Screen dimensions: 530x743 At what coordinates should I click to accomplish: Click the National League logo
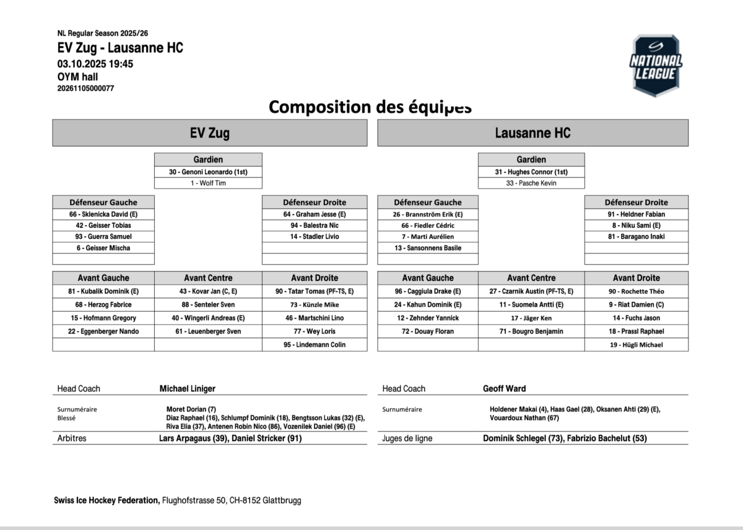click(x=656, y=66)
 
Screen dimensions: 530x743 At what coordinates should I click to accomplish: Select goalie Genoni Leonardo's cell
click(x=208, y=172)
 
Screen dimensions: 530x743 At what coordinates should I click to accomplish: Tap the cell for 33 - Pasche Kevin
click(x=531, y=183)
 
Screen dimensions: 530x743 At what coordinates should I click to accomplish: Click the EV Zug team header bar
click(x=209, y=133)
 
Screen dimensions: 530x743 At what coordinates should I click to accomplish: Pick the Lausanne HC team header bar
click(x=532, y=133)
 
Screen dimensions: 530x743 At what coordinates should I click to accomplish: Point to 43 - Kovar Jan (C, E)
click(x=208, y=291)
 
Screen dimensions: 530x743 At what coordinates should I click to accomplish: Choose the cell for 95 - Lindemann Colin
click(x=315, y=344)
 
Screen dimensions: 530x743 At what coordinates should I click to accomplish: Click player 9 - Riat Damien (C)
click(x=636, y=304)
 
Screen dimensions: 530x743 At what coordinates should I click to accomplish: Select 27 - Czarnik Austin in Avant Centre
click(x=531, y=291)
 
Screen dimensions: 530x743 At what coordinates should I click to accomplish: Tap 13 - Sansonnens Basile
click(x=427, y=248)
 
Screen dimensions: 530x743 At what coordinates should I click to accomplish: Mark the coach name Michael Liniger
click(x=188, y=388)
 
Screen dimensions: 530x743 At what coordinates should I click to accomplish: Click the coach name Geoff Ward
click(x=505, y=388)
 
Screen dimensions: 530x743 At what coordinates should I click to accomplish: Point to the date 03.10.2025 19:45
click(x=95, y=64)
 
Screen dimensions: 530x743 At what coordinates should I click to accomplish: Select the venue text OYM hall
click(x=77, y=77)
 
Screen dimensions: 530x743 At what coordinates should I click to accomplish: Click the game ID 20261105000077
click(x=85, y=88)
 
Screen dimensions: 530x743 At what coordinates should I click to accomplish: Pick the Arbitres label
click(x=72, y=438)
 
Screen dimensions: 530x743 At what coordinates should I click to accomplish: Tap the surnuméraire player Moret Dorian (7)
click(x=191, y=409)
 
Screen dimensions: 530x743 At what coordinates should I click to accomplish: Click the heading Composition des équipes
click(x=370, y=107)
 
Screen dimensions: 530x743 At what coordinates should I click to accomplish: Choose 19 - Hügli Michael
click(x=636, y=344)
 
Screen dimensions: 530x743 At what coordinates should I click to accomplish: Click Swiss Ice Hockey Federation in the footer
click(x=106, y=500)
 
